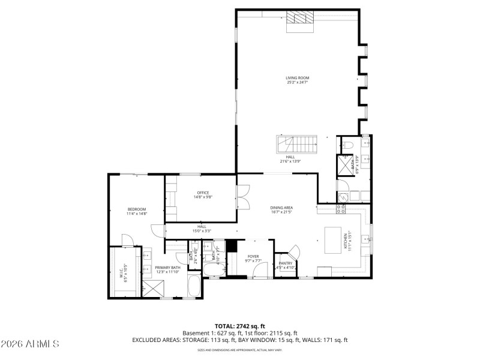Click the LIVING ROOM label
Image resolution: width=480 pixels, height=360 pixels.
pos(297,78)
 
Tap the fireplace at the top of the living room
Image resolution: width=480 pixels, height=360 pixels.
pos(299,21)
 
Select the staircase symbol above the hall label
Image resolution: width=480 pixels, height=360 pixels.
pos(296,144)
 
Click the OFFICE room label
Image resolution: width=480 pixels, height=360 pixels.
pos(203,192)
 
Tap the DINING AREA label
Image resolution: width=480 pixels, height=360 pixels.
pos(281,207)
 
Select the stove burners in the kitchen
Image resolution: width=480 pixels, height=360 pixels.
pos(342,209)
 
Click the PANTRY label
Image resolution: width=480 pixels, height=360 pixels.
pos(285,263)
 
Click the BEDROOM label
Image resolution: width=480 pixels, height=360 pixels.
pos(136,209)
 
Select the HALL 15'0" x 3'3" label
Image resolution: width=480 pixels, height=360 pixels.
pos(202,229)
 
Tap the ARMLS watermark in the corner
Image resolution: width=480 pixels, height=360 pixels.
pos(30,344)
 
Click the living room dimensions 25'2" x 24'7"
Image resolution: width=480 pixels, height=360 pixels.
pos(297,82)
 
